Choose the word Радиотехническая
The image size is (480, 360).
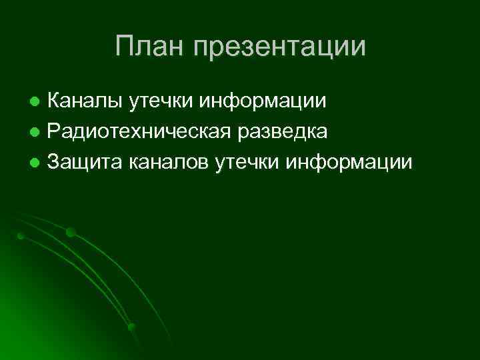(x=151, y=132)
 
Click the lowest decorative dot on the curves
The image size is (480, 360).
(x=131, y=327)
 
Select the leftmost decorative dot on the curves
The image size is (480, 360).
(x=21, y=236)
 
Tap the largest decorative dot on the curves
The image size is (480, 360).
(x=70, y=233)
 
